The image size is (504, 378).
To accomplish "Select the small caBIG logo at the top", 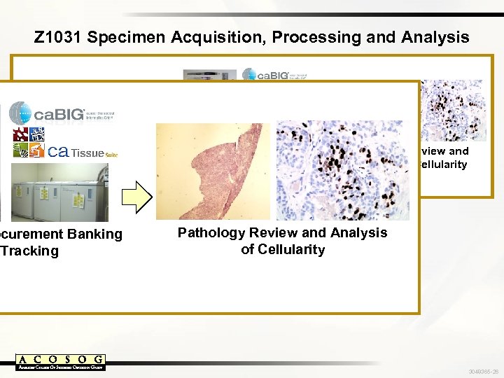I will pyautogui.click(x=274, y=75).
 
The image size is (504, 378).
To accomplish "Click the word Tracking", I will pyautogui.click(x=31, y=251).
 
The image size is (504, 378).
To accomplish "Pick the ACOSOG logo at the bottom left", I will pyautogui.click(x=60, y=361).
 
